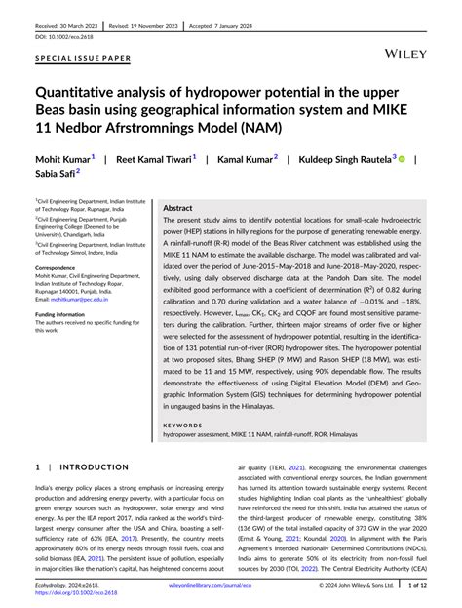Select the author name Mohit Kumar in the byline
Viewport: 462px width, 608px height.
[x=63, y=158]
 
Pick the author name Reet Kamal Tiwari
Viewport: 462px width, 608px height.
[x=156, y=158]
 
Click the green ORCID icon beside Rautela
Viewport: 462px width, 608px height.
[x=402, y=157]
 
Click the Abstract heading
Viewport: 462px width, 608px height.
[x=177, y=208]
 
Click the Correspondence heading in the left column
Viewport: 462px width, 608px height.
[x=61, y=266]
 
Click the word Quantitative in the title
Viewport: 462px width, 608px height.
[x=89, y=94]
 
